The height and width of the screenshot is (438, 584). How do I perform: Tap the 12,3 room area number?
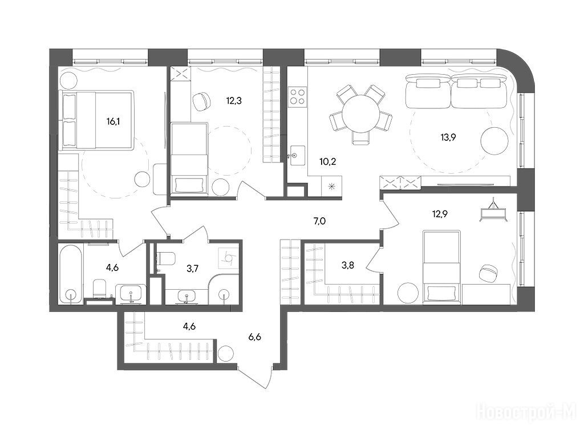pyautogui.click(x=234, y=100)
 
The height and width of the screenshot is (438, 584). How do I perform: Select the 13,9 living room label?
pyautogui.click(x=448, y=137)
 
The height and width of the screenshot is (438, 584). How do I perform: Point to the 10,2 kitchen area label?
pyautogui.click(x=328, y=161)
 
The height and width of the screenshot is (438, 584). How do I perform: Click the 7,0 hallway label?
pyautogui.click(x=319, y=221)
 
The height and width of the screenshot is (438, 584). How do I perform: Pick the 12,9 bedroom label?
pyautogui.click(x=440, y=214)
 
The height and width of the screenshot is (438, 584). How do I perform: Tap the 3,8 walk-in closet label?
pyautogui.click(x=348, y=266)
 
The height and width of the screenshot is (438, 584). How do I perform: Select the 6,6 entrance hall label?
pyautogui.click(x=255, y=337)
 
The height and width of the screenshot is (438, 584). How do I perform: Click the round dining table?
pyautogui.click(x=360, y=113)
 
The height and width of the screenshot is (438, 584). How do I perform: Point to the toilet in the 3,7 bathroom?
pyautogui.click(x=166, y=258)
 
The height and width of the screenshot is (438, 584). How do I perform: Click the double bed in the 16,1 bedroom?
pyautogui.click(x=97, y=120)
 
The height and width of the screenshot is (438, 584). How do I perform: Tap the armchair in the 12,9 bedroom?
pyautogui.click(x=489, y=273)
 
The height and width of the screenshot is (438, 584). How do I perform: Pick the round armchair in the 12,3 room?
pyautogui.click(x=201, y=100)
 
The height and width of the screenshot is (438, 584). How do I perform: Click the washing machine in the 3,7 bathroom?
pyautogui.click(x=228, y=258)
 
